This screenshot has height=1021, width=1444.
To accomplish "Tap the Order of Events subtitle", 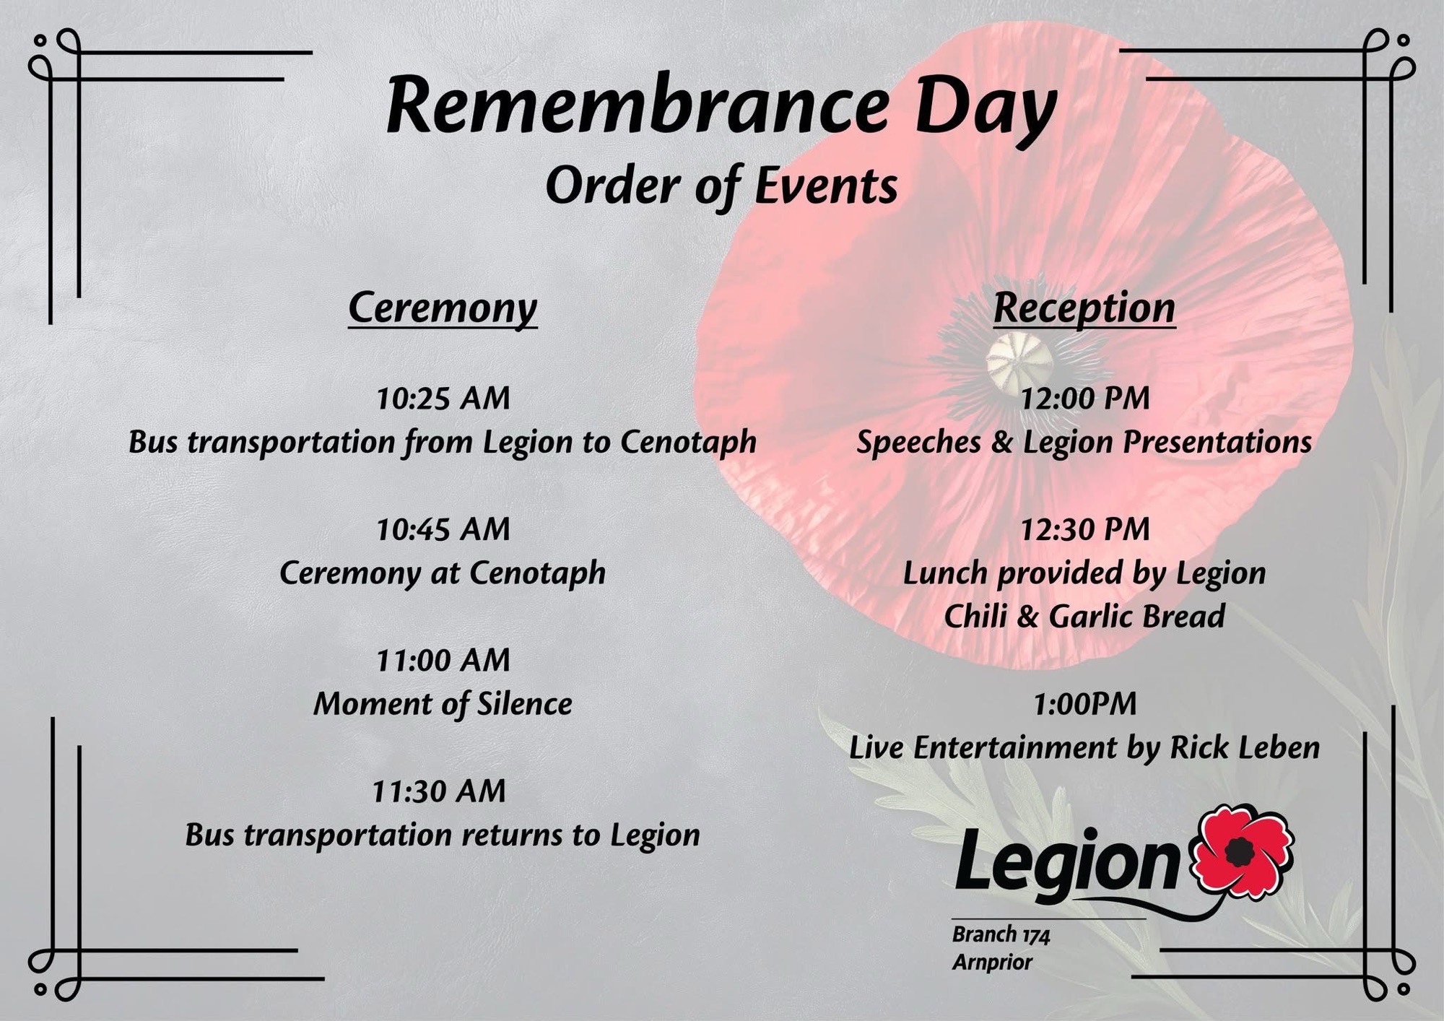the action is (722, 186).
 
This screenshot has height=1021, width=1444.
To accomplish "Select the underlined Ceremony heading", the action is (443, 308).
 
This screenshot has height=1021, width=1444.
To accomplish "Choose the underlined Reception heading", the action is (1084, 308).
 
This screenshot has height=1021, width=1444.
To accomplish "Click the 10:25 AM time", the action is (443, 399).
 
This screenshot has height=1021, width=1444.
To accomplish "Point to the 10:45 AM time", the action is (443, 529).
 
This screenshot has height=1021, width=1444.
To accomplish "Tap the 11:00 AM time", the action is (443, 660).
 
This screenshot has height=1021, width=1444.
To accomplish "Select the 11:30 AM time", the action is (439, 791).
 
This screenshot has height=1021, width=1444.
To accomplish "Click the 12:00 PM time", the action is (1084, 399).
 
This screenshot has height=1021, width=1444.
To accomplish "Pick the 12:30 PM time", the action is (1084, 529).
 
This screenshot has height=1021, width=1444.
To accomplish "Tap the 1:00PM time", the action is (1084, 704).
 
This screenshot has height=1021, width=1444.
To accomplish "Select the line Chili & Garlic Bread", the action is (1084, 617).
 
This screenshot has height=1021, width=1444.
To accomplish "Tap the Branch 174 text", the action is (1001, 935).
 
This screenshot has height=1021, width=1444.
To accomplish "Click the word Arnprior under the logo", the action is (992, 963).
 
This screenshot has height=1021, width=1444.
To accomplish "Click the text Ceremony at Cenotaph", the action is (443, 573).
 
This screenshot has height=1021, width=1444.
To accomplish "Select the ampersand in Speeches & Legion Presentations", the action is (1001, 443).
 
